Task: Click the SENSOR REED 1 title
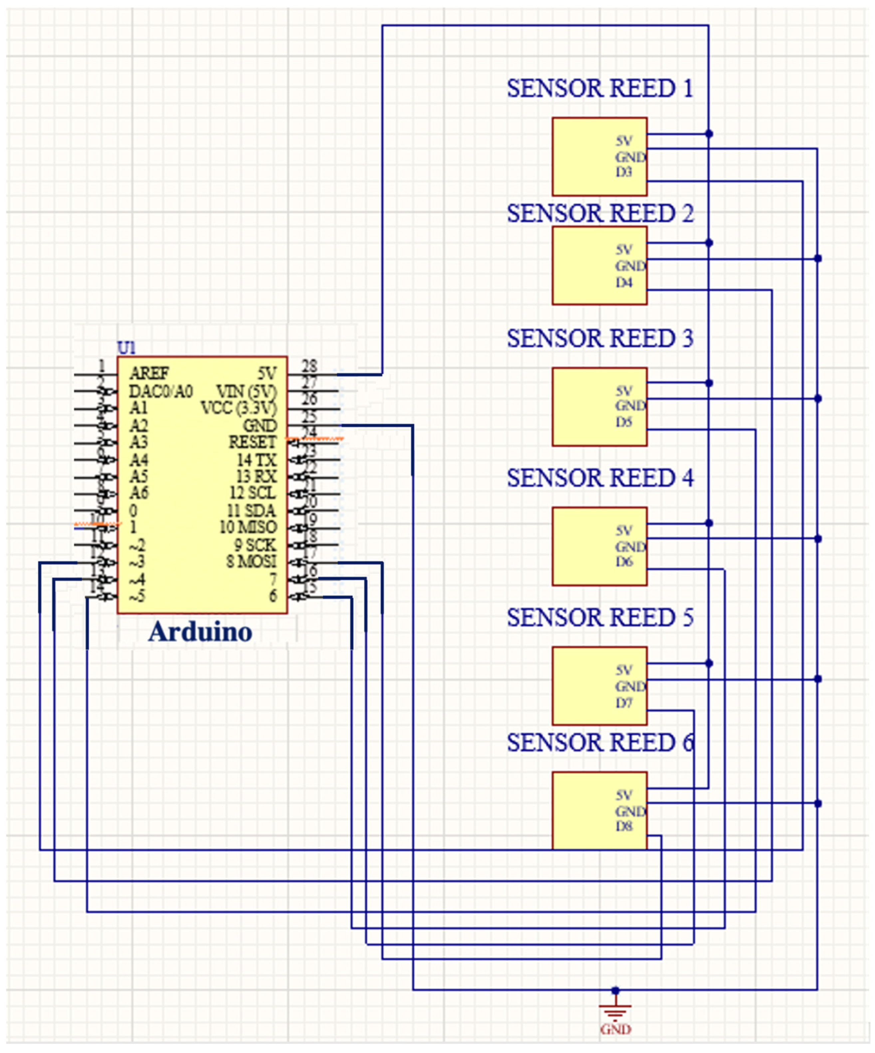click(599, 89)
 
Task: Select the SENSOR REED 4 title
click(599, 478)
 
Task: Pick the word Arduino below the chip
click(200, 632)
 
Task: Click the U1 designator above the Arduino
click(126, 347)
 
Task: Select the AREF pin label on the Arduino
click(149, 373)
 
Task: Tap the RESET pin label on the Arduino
click(252, 442)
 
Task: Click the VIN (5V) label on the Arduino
click(246, 391)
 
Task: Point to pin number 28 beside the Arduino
click(309, 366)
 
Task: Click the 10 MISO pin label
click(248, 527)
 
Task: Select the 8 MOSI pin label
click(251, 561)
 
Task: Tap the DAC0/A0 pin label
click(160, 391)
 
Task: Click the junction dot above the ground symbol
click(615, 991)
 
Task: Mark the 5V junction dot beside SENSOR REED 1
click(709, 134)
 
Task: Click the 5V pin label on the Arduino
click(267, 373)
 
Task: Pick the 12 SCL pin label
click(252, 493)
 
